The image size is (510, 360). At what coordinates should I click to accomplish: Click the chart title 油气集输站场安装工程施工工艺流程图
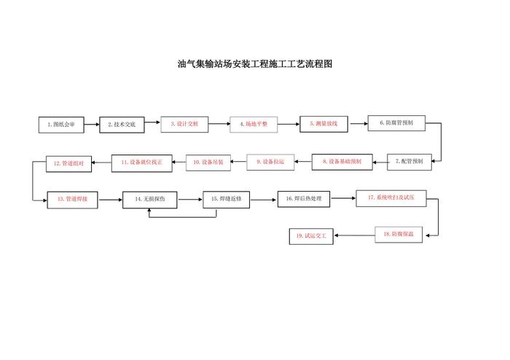point(255,64)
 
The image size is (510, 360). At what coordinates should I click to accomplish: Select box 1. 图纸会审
point(60,125)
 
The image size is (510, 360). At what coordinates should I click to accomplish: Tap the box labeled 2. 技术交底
point(122,125)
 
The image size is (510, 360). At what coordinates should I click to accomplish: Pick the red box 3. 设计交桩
point(184,124)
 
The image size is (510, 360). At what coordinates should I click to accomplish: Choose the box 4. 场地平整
point(254,124)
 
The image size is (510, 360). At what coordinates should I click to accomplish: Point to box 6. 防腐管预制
point(396,123)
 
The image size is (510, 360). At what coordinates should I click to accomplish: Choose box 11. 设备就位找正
point(142,163)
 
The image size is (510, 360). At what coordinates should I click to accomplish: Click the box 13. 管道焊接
point(72,198)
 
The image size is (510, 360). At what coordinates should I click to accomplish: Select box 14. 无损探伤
point(149,198)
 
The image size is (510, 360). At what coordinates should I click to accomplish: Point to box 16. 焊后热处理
point(304,198)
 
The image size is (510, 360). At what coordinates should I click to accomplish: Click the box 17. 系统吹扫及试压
point(385,197)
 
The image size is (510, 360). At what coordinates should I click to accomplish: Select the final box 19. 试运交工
point(311,235)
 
